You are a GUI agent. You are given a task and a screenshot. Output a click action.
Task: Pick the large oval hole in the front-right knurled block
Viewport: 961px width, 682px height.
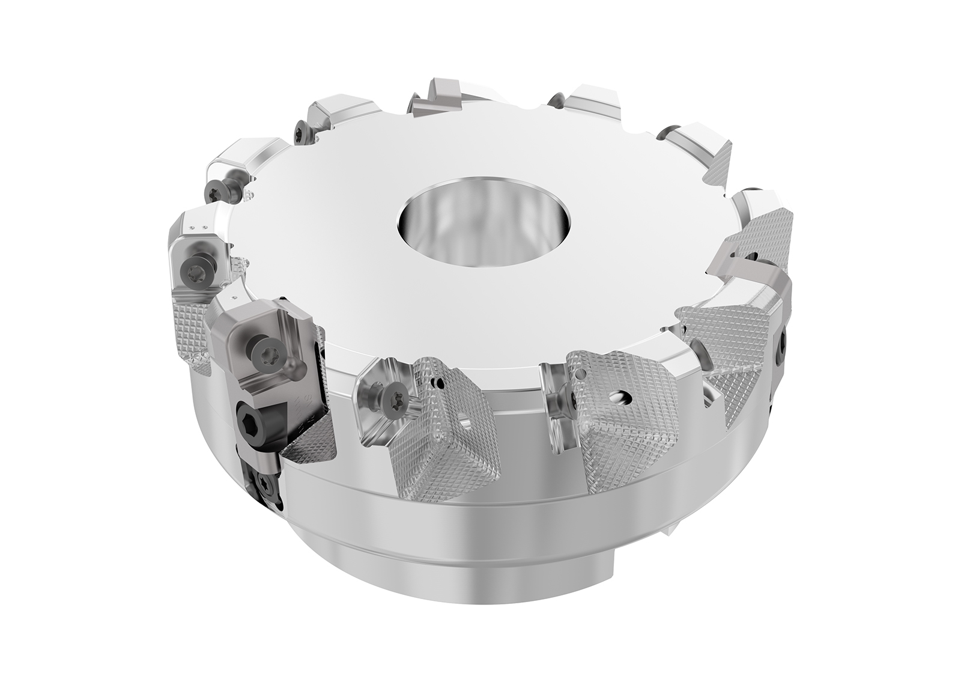tap(618, 397)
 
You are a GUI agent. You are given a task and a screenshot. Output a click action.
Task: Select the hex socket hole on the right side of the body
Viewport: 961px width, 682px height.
tap(783, 346)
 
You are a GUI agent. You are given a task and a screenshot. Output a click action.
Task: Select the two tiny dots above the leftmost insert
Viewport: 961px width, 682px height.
tap(203, 227)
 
